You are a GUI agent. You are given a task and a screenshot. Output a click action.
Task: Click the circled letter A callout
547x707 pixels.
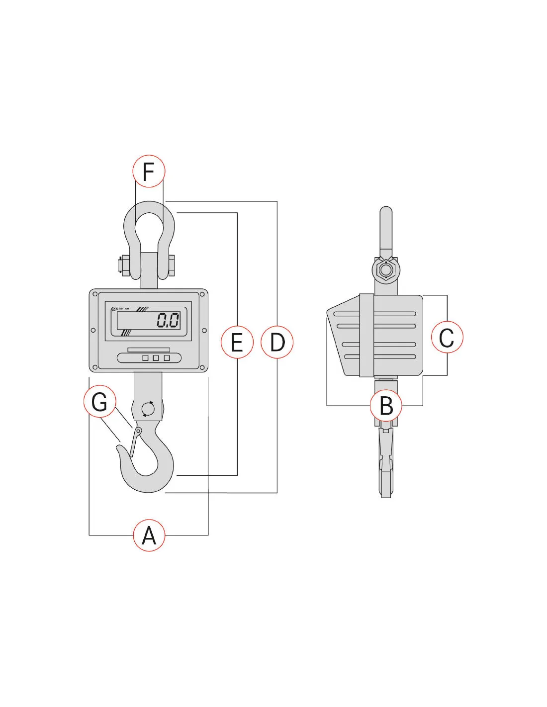[x=149, y=535]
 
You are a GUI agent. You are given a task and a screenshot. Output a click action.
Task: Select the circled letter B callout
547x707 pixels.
[x=386, y=406]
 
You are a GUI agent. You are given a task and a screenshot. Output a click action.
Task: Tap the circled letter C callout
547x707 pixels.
[x=447, y=337]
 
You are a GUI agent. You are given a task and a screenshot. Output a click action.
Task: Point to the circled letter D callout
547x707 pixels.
[x=277, y=342]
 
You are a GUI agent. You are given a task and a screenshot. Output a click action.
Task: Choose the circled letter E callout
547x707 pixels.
[x=237, y=342]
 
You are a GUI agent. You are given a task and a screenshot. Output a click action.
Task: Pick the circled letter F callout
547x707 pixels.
[x=149, y=171]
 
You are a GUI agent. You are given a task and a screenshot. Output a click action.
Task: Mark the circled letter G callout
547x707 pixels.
[x=99, y=402]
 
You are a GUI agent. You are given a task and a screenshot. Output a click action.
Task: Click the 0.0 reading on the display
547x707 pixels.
[x=168, y=320]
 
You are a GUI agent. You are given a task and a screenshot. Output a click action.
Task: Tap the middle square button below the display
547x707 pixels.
[x=156, y=358]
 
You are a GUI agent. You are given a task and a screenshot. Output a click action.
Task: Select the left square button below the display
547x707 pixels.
[x=145, y=358]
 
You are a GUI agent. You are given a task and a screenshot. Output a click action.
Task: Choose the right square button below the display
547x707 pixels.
[x=167, y=358]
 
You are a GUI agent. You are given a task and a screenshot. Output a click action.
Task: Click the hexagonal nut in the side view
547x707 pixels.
[x=385, y=271]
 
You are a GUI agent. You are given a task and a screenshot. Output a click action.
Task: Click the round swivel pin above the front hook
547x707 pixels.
[x=148, y=409]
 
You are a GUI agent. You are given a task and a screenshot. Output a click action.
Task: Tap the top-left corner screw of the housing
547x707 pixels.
[x=95, y=294]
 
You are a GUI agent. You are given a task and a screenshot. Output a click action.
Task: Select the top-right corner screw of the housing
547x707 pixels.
[x=202, y=294]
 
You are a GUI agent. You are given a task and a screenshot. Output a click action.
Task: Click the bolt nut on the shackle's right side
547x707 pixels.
[x=172, y=265]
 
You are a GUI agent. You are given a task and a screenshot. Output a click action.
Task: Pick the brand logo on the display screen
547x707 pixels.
[x=119, y=309]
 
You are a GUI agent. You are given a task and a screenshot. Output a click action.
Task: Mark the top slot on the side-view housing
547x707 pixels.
[x=375, y=314]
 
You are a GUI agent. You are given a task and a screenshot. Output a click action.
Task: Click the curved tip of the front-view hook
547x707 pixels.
[x=120, y=449]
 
